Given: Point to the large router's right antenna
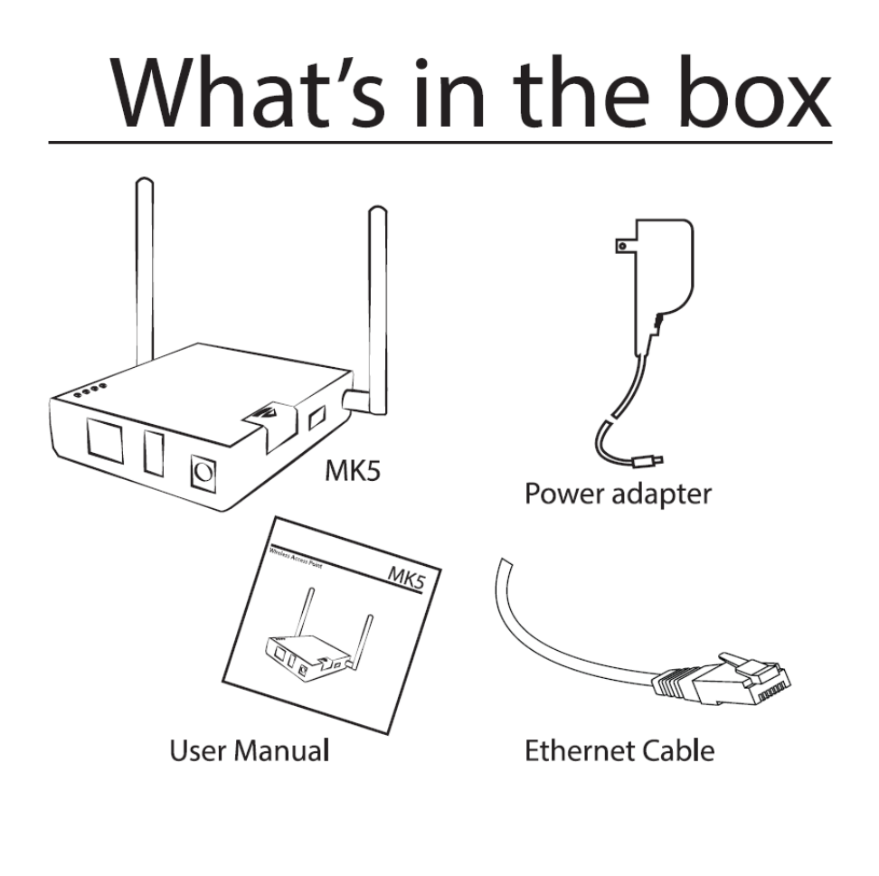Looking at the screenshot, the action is coord(377,298).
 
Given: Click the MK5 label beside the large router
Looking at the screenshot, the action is coord(353,474).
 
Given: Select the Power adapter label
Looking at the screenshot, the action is coord(619,495).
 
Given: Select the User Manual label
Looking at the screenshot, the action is coord(249,750).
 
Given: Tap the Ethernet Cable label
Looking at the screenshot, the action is coord(619,750).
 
